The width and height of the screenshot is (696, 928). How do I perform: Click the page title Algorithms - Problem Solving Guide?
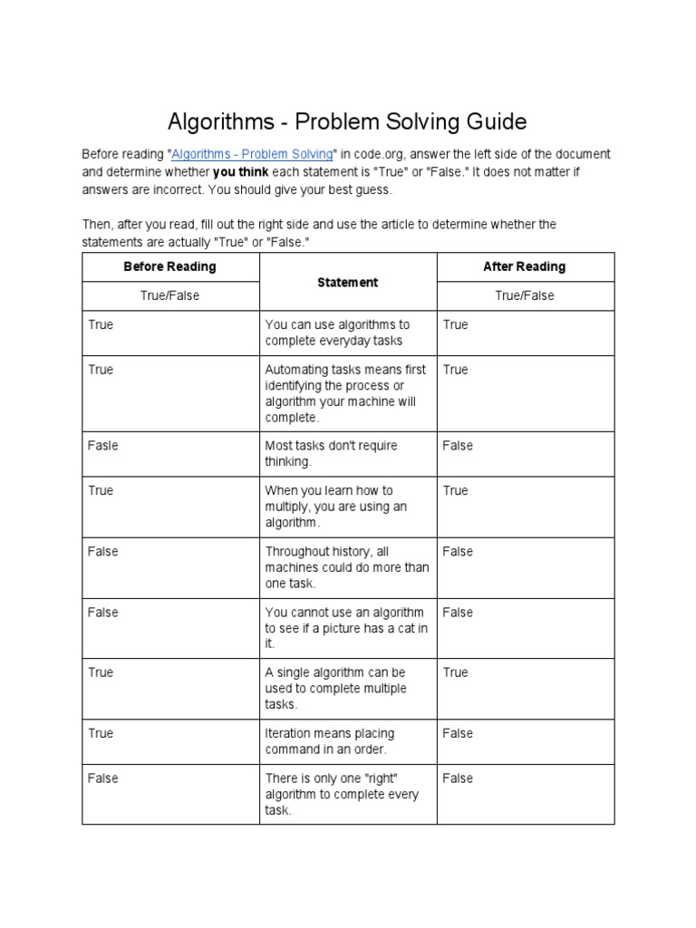(348, 121)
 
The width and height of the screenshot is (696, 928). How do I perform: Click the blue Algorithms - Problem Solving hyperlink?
(253, 154)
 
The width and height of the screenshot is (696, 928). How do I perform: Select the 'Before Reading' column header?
(170, 266)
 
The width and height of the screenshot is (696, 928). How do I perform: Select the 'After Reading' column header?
(525, 266)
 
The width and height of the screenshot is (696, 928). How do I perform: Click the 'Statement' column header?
(348, 282)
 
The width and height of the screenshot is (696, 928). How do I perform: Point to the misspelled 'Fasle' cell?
(103, 446)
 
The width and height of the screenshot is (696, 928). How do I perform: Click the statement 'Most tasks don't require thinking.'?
(331, 453)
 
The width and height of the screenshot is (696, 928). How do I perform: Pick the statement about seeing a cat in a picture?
(347, 628)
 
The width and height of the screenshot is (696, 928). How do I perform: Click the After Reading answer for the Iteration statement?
(458, 733)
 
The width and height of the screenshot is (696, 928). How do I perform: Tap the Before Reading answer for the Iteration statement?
(101, 733)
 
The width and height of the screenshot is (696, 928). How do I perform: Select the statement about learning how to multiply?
(336, 507)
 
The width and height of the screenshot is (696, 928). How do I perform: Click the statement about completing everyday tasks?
(337, 333)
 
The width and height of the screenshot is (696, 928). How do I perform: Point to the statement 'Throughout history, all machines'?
(347, 567)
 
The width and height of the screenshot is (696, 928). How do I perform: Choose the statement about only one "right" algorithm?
(342, 794)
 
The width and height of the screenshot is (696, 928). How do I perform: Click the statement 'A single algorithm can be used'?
(335, 689)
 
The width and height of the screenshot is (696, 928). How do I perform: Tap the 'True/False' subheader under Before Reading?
(170, 295)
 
